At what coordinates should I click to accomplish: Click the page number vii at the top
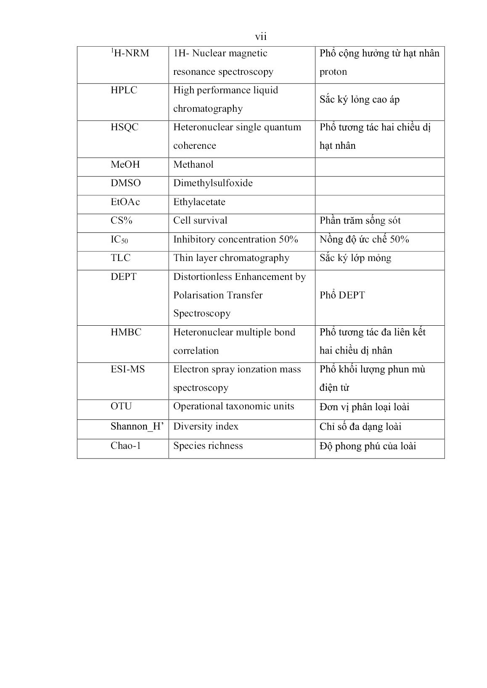pos(261,37)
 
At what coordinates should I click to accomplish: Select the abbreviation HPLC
pos(124,90)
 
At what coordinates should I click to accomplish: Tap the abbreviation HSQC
pos(124,127)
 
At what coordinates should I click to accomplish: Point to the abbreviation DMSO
pos(125,183)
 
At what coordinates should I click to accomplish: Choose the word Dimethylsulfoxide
pos(213,183)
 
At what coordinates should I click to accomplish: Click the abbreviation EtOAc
pos(125,202)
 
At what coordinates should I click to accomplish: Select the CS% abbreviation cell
pos(122,221)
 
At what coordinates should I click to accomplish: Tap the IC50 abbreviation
pos(119,240)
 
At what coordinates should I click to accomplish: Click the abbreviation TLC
pos(121,258)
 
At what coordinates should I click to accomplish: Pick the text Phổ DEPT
pos(342,295)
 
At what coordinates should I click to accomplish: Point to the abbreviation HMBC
pos(126,332)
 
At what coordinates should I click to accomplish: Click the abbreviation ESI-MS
pos(127,369)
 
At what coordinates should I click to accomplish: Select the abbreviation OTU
pos(121,406)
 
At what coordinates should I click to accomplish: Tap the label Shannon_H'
pos(137,427)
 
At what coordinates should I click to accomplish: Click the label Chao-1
pos(125,446)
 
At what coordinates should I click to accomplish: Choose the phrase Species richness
pos(208,446)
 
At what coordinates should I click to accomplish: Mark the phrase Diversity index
pos(206,427)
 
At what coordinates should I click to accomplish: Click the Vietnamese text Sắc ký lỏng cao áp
pos(359,100)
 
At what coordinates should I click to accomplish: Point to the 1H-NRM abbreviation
pos(130,53)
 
